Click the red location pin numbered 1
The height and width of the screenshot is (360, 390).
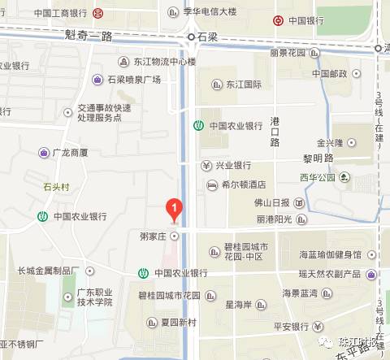point(173,209)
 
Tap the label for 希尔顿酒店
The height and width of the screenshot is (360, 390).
point(243,185)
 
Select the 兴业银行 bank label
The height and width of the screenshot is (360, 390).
point(235,165)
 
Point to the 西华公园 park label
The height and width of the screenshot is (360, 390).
point(317,176)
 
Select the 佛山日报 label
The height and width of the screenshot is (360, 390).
point(272,202)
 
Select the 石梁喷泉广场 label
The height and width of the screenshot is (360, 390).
point(133,80)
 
